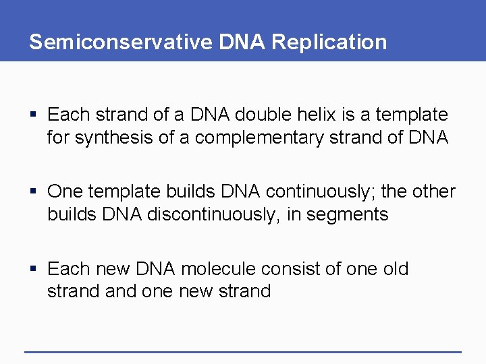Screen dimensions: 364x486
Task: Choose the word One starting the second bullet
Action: [65, 191]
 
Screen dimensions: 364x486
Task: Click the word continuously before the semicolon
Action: [320, 191]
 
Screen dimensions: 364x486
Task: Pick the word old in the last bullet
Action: [395, 268]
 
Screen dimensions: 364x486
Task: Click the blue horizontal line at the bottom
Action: [243, 351]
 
